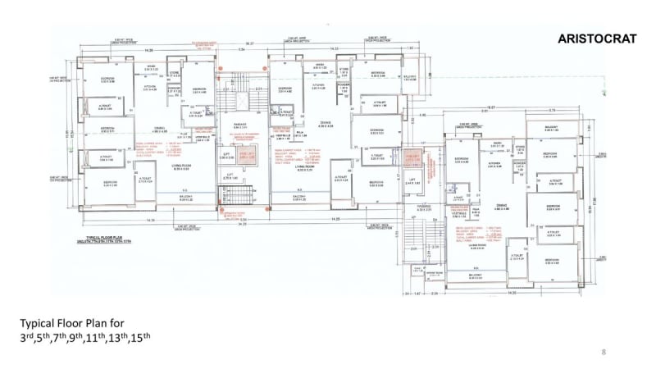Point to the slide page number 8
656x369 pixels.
[x=604, y=352]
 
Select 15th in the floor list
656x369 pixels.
[x=143, y=337]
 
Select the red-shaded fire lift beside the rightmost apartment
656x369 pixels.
[x=412, y=156]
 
